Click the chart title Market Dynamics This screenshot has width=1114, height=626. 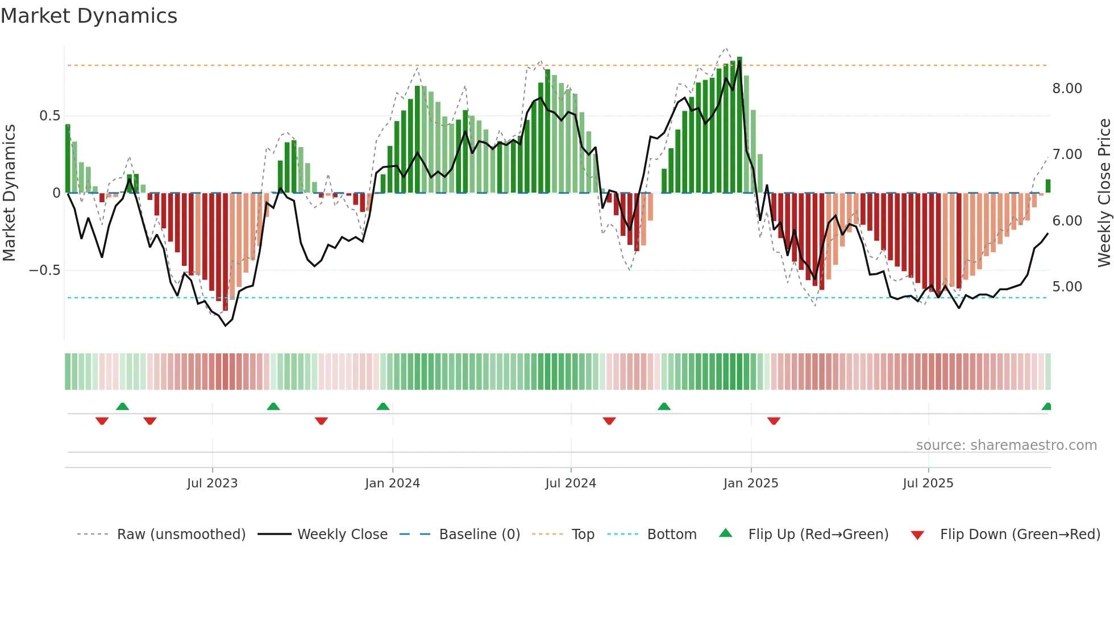89,16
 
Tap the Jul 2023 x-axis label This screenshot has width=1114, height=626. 212,483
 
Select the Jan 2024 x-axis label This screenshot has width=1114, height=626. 392,483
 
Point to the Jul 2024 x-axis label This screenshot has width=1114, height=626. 571,483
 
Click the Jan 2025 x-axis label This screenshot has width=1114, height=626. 751,483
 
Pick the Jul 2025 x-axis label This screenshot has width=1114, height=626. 928,483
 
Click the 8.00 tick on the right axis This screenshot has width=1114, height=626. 1067,89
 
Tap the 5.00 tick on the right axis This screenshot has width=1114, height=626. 1067,287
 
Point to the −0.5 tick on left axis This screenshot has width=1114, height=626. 44,270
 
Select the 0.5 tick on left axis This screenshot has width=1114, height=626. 49,116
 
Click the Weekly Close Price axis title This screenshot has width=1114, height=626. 1104,193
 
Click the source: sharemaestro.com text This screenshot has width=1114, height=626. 1006,445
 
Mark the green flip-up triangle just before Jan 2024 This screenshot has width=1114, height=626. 383,407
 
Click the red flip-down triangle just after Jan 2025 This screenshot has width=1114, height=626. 774,420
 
